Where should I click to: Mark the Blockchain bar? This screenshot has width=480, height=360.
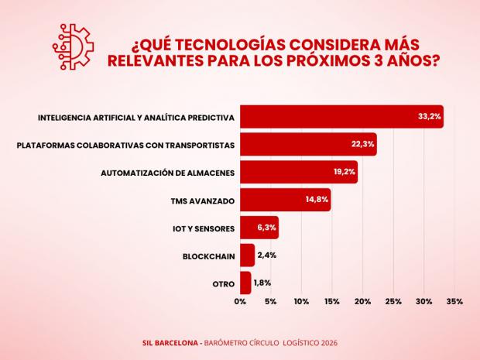(x=247, y=255)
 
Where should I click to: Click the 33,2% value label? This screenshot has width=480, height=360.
(x=429, y=117)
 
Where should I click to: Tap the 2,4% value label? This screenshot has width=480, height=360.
(x=266, y=255)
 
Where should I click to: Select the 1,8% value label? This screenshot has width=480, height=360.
(x=262, y=283)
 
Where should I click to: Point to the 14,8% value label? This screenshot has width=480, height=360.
(x=317, y=200)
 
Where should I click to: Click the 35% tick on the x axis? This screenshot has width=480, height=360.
(x=454, y=301)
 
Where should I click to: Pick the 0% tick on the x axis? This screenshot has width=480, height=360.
(x=240, y=301)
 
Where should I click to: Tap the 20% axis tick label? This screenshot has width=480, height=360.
(x=362, y=301)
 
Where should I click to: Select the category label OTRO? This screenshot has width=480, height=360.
(x=224, y=283)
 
